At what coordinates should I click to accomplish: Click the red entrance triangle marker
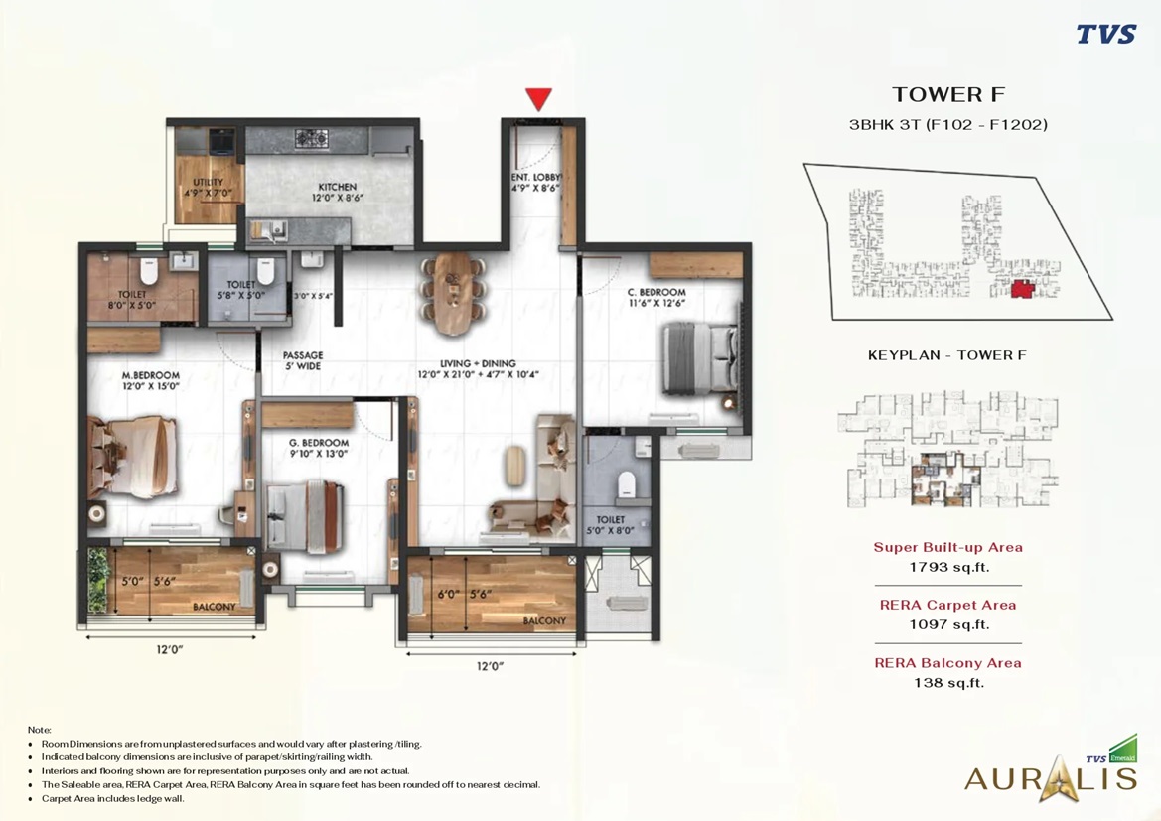click(539, 99)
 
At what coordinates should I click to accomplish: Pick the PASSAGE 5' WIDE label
click(302, 360)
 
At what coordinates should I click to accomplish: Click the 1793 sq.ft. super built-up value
click(948, 568)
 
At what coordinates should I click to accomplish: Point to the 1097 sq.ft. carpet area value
click(948, 625)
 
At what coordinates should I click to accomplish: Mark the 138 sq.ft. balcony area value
click(948, 683)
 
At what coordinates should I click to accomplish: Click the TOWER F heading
click(948, 95)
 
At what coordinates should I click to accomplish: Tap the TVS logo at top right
click(1106, 35)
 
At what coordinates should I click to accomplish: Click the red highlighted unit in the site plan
click(1021, 289)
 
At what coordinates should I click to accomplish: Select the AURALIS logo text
click(1050, 776)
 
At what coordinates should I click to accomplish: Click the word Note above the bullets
click(40, 730)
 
